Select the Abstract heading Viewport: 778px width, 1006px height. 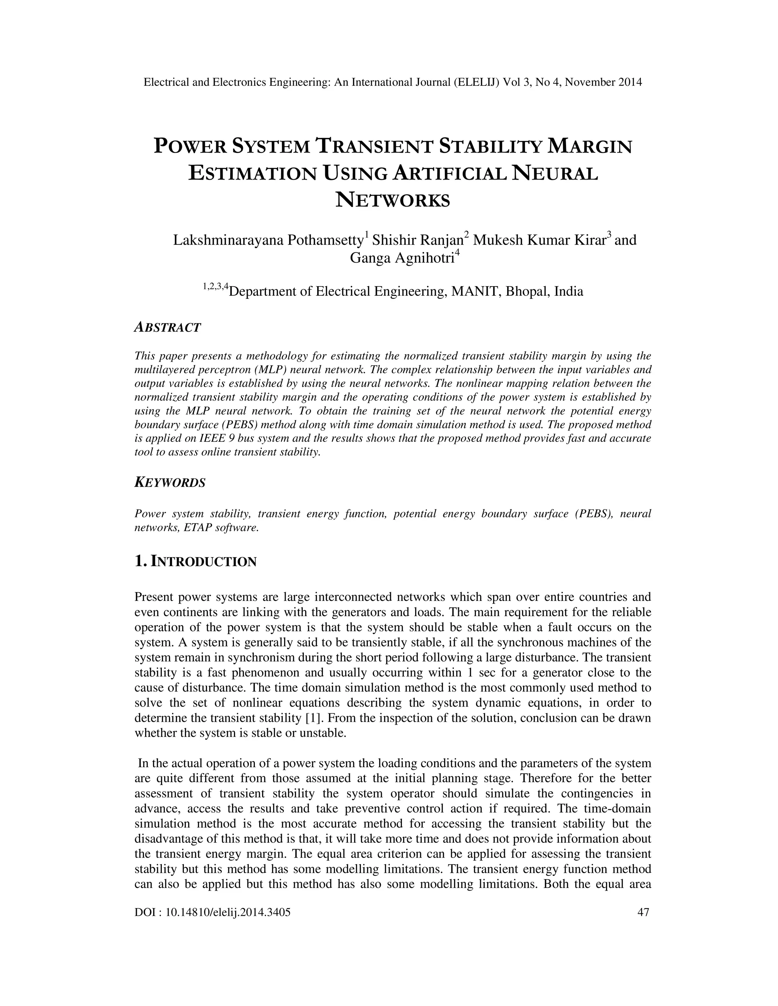coord(167,328)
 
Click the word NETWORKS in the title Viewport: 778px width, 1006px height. coord(392,200)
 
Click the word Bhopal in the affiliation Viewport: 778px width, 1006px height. coord(528,292)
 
